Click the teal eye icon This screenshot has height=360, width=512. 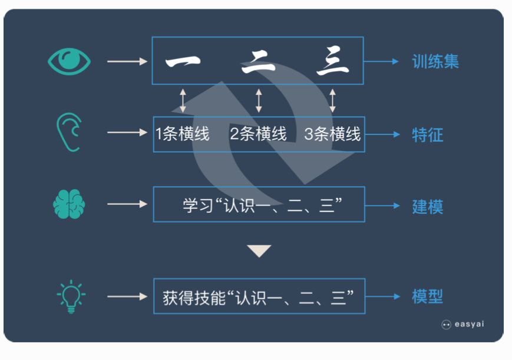70,61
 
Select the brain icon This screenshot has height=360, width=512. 69,204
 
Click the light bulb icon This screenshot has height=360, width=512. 70,296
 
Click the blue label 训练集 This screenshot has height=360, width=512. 435,62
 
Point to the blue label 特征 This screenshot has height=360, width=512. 427,135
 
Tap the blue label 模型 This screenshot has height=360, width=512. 427,296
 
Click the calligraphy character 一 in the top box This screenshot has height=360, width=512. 183,62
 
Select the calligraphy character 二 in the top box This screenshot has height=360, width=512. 258,62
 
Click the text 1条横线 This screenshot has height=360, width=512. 183,134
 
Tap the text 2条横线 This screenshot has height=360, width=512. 258,134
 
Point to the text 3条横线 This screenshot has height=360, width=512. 332,134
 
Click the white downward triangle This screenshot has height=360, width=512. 259,251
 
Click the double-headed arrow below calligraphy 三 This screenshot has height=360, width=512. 332,100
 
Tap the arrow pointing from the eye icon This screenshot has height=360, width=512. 127,61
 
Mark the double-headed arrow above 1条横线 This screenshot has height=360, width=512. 183,100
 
